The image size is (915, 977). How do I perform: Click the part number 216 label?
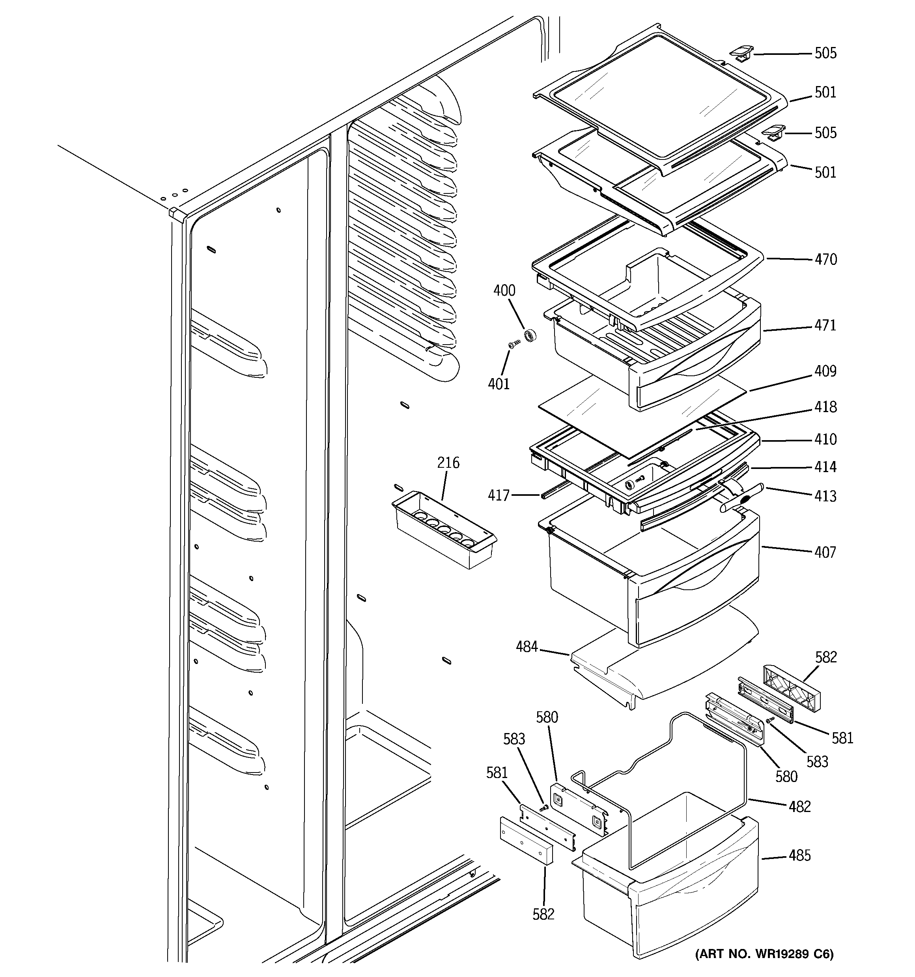448,463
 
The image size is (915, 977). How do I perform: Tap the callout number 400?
504,291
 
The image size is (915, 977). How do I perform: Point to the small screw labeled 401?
514,345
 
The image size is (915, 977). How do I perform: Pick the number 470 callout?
825,259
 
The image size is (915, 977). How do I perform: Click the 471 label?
825,325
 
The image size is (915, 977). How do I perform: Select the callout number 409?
825,371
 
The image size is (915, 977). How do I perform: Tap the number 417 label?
499,495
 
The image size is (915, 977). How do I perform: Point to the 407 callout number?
825,552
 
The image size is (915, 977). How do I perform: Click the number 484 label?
527,647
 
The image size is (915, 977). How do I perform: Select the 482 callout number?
799,806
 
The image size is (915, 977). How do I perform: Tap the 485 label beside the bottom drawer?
799,855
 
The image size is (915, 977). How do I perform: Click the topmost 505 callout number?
825,53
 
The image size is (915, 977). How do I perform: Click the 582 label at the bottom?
543,914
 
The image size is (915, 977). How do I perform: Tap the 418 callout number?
825,407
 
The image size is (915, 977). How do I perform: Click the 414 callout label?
825,467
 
